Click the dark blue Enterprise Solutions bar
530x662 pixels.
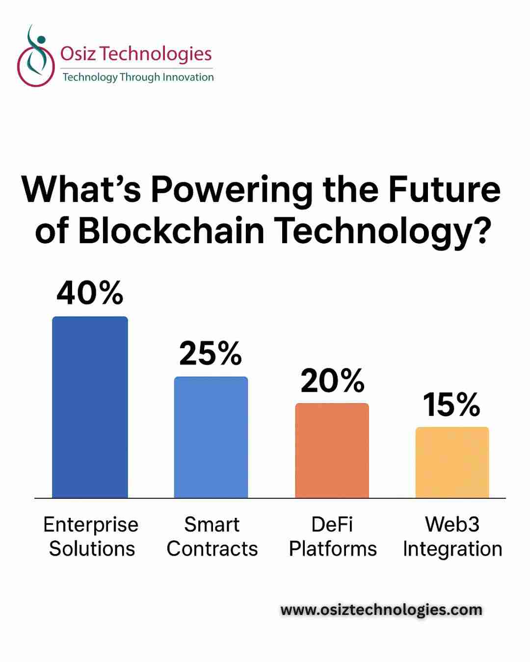[x=90, y=407]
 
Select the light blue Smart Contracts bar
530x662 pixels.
[x=211, y=437]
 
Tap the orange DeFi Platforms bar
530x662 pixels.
[x=332, y=450]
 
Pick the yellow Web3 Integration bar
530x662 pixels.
[x=452, y=462]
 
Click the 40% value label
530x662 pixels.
[x=90, y=293]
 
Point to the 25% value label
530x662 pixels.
[x=211, y=353]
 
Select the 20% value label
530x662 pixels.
[x=332, y=381]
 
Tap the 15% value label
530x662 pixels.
[x=451, y=405]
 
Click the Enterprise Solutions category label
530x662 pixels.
[x=91, y=536]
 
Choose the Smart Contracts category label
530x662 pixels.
[x=212, y=536]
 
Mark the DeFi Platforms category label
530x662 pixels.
[x=333, y=536]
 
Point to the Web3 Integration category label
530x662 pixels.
[x=452, y=536]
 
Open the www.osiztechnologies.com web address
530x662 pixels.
[x=381, y=610]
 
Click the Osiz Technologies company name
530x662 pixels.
[x=136, y=53]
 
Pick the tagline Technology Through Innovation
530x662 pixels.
[x=138, y=77]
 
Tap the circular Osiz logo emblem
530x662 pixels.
[x=35, y=57]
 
